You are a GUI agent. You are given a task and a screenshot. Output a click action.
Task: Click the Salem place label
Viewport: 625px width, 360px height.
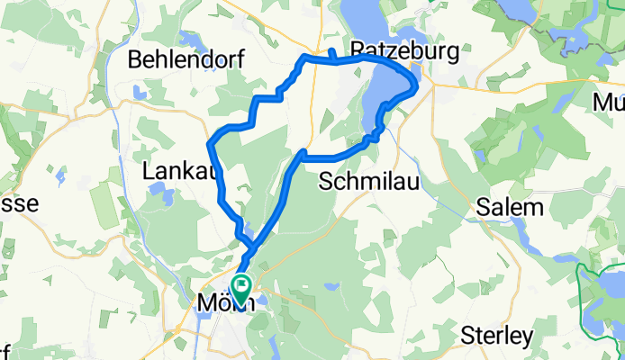510,208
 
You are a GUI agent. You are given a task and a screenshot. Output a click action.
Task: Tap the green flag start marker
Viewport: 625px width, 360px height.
242,287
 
